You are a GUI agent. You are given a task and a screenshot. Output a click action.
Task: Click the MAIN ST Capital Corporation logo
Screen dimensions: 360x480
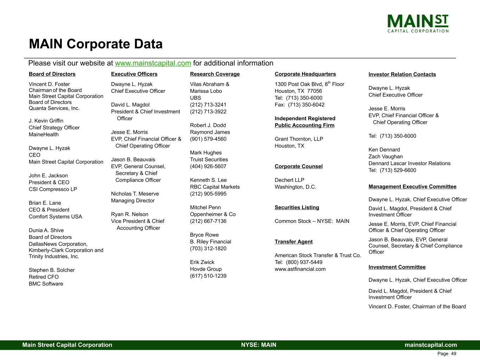click(418, 23)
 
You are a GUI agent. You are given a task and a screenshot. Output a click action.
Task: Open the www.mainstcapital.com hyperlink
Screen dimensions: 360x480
click(153, 63)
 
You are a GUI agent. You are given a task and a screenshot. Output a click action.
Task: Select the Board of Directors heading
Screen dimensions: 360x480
click(52, 74)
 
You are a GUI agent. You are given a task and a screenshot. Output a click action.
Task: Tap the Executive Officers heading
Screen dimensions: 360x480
click(134, 74)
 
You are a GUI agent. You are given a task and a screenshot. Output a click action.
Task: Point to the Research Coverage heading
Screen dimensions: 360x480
click(215, 74)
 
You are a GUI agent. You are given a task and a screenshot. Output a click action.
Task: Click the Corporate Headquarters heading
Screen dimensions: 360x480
click(305, 74)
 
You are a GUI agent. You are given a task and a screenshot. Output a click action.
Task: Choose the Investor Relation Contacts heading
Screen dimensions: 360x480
click(402, 75)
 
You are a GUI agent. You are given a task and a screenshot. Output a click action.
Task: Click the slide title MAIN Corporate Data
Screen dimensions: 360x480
click(96, 44)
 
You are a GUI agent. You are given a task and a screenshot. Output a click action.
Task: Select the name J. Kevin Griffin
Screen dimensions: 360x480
click(46, 121)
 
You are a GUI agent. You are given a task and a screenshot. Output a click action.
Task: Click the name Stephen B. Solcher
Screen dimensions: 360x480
click(52, 270)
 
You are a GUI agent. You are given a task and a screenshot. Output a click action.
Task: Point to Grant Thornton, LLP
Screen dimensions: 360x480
click(299, 139)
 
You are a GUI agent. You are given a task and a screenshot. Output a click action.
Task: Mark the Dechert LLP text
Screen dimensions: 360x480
click(289, 180)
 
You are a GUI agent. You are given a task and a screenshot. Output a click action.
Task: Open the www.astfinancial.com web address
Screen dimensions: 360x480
click(300, 269)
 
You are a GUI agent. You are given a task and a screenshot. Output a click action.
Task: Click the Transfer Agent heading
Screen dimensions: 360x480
click(293, 242)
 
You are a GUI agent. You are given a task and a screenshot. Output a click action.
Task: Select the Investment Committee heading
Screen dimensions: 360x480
click(397, 267)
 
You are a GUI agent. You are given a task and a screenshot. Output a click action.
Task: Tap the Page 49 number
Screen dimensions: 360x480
click(447, 354)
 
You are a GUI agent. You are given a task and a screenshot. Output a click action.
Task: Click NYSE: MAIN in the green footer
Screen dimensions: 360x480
click(258, 345)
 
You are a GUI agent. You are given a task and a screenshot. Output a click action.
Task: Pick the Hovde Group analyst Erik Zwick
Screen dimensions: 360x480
click(202, 262)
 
